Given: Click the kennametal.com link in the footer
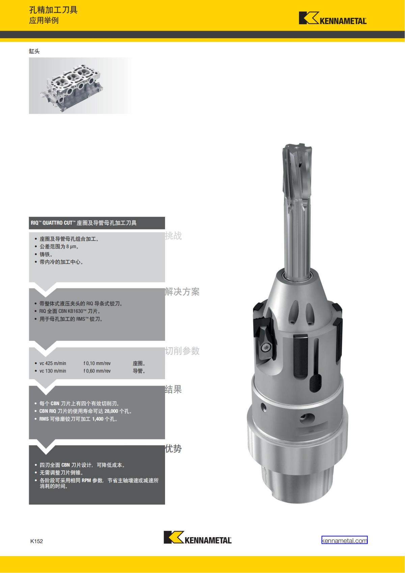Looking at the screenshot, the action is pos(344,541).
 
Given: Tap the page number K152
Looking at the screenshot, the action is pos(36,541).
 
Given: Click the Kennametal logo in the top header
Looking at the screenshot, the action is pos(333,18).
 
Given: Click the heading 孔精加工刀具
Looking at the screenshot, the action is pos(53,10).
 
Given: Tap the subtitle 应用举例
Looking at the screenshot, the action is pos(44,20).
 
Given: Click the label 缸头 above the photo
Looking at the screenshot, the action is pos(34,51).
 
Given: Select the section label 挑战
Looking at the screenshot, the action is pos(173,236).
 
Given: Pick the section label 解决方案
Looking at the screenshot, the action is pos(182,292).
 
